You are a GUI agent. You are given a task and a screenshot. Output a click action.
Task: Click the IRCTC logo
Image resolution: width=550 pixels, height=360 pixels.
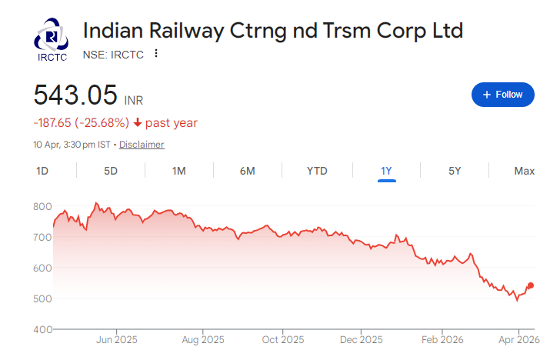[x=52, y=40]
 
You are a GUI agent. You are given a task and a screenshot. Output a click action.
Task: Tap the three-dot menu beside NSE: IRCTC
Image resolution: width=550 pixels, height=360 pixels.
[x=156, y=54]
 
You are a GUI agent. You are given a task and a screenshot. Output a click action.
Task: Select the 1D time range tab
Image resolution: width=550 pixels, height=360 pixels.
[x=43, y=171]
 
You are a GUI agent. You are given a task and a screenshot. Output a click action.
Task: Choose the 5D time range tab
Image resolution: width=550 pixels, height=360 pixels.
[x=111, y=171]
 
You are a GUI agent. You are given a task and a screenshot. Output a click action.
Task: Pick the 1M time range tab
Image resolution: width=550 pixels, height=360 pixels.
[x=179, y=171]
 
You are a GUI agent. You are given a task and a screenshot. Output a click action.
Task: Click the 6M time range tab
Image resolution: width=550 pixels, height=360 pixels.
[x=247, y=171]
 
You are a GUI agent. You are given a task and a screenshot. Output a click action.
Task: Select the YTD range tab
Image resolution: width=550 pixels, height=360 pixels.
[x=317, y=171]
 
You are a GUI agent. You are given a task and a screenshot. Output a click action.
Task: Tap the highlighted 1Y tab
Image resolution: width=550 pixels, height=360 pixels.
[x=387, y=171]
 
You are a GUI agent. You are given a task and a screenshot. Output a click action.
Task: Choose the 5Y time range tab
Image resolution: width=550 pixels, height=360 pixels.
[x=455, y=171]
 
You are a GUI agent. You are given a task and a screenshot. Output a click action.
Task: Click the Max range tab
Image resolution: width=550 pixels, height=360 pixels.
[x=524, y=171]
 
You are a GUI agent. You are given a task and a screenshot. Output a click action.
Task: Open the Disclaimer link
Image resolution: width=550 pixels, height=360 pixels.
[x=142, y=145]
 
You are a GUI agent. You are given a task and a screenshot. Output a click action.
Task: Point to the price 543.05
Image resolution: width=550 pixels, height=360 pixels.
[x=75, y=95]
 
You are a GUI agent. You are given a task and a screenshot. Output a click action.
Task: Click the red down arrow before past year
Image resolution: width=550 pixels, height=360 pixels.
[x=138, y=123]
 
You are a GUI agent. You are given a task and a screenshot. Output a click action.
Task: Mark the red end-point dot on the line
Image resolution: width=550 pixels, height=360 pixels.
[x=531, y=285]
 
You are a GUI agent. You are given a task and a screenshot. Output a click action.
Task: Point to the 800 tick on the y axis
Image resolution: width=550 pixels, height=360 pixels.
[x=42, y=207]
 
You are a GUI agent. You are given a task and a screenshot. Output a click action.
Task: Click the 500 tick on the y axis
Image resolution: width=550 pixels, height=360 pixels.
[x=42, y=298]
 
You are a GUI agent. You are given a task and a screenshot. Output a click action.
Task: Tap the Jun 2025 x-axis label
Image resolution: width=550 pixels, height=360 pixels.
[x=116, y=339]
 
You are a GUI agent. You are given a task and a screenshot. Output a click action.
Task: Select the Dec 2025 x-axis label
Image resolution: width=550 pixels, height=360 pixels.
[x=361, y=339]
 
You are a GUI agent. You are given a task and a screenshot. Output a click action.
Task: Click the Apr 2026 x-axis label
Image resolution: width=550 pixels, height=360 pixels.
[x=518, y=339]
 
